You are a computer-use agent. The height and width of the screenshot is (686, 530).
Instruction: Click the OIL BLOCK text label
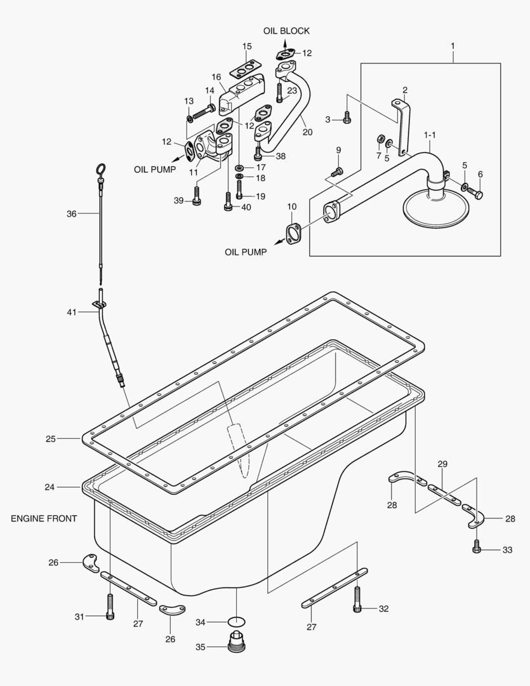287,31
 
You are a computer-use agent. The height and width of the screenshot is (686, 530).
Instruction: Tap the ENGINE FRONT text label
44,518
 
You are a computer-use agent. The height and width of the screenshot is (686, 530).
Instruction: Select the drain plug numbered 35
236,641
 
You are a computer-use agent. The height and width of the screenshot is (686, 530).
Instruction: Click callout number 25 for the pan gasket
51,438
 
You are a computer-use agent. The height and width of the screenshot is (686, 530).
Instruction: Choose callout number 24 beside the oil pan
50,487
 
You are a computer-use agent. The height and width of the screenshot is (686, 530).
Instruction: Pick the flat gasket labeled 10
293,232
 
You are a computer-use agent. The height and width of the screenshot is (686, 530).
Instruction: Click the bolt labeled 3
347,118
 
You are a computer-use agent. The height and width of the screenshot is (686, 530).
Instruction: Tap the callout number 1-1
430,135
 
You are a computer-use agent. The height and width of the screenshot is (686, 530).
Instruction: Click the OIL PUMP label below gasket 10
246,252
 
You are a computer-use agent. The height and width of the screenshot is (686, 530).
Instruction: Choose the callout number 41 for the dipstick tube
71,312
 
